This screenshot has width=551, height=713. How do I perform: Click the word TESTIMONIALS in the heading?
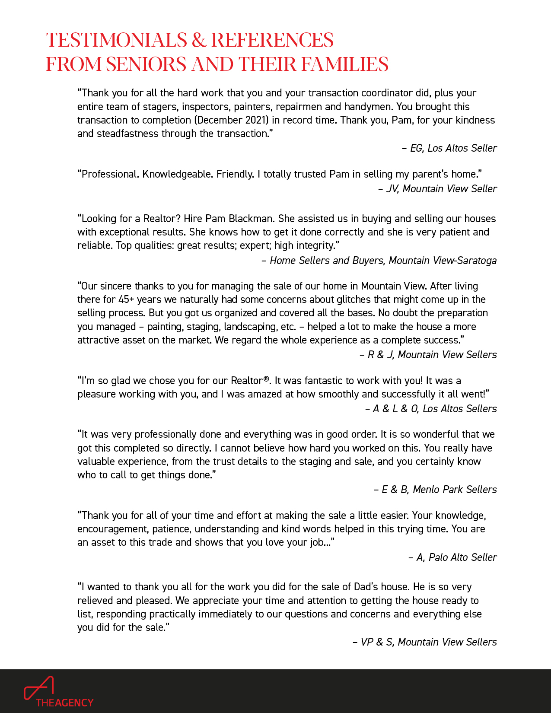[116, 40]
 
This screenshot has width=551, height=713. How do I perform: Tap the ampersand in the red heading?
[199, 40]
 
